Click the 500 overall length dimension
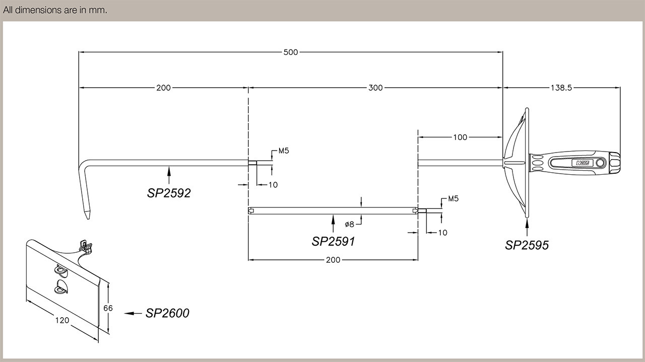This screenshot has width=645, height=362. (291, 52)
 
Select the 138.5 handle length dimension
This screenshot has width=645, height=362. (561, 88)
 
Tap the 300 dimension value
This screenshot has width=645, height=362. (375, 88)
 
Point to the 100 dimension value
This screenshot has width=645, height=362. (460, 137)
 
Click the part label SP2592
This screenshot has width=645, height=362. (169, 193)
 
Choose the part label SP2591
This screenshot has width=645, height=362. (333, 242)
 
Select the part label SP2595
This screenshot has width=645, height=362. (527, 245)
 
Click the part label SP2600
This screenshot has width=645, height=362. (167, 313)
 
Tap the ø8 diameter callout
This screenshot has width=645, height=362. (350, 224)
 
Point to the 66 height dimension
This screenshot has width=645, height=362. (108, 308)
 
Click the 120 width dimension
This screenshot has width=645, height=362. (62, 320)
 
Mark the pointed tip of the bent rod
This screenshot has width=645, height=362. (87, 220)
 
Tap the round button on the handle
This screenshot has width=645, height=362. (600, 163)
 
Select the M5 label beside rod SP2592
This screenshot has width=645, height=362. (283, 151)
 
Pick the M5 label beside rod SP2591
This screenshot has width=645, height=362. (453, 199)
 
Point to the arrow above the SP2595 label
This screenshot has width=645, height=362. (527, 228)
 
